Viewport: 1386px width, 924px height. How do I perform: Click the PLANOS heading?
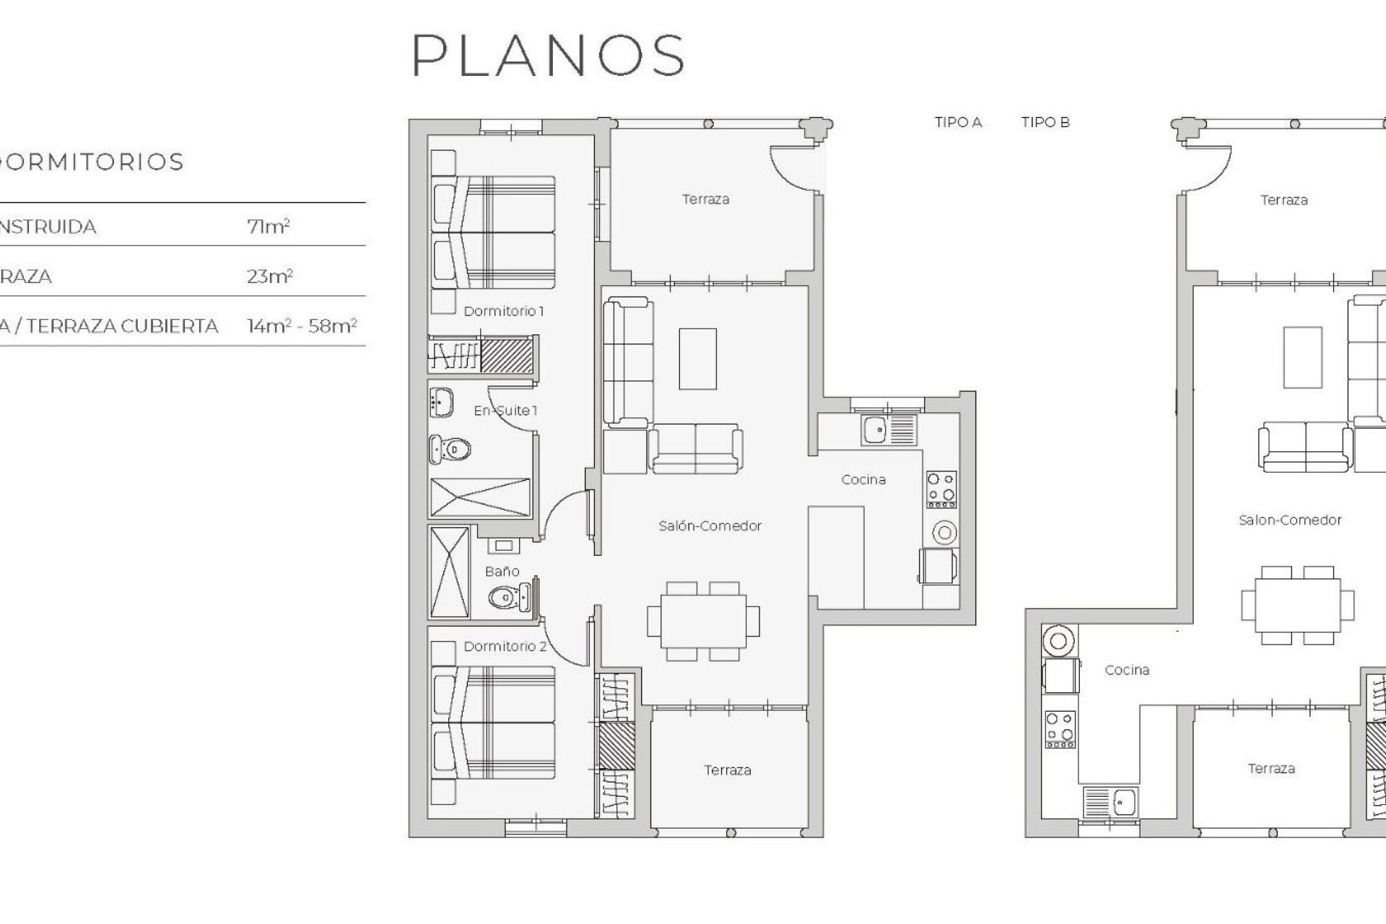pos(548,56)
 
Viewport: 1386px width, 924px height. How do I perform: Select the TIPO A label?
pos(958,123)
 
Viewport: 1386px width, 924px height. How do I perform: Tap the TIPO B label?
pos(1045,123)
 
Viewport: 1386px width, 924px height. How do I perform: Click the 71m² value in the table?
pos(268,227)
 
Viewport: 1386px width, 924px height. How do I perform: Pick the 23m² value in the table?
pos(269,276)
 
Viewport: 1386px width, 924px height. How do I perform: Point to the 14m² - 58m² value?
pos(302,326)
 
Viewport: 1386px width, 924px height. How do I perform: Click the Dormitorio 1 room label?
pos(503,311)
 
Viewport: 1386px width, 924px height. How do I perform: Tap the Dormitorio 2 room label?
pos(505,646)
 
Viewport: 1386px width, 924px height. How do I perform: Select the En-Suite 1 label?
pos(505,411)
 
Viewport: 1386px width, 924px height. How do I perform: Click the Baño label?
pos(502,572)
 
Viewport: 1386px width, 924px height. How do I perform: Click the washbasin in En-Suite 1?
pos(441,403)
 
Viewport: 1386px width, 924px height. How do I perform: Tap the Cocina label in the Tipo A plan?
pos(863,479)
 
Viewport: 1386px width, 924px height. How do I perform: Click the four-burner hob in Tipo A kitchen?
pos(941,489)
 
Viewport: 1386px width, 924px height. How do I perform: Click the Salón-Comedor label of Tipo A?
pos(710,526)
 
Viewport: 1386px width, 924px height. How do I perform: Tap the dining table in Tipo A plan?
pos(703,621)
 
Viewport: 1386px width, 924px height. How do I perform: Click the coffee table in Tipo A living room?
pos(697,359)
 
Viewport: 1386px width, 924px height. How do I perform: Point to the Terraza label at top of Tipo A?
pos(705,199)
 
